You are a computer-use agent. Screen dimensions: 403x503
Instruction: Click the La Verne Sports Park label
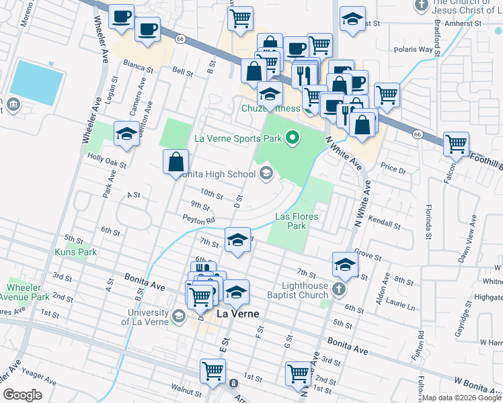click(237, 138)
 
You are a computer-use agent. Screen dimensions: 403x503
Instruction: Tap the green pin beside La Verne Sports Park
click(292, 138)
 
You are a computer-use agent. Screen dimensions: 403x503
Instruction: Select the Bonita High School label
click(217, 175)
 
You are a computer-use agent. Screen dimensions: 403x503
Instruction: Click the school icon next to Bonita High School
click(266, 175)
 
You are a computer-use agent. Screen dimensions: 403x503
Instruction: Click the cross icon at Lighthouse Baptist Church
click(339, 290)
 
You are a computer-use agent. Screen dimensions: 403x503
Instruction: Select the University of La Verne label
click(145, 317)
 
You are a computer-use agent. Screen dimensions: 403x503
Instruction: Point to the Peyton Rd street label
click(198, 219)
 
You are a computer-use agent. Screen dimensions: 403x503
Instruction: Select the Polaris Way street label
click(416, 49)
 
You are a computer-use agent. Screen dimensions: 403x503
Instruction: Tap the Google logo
click(23, 395)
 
